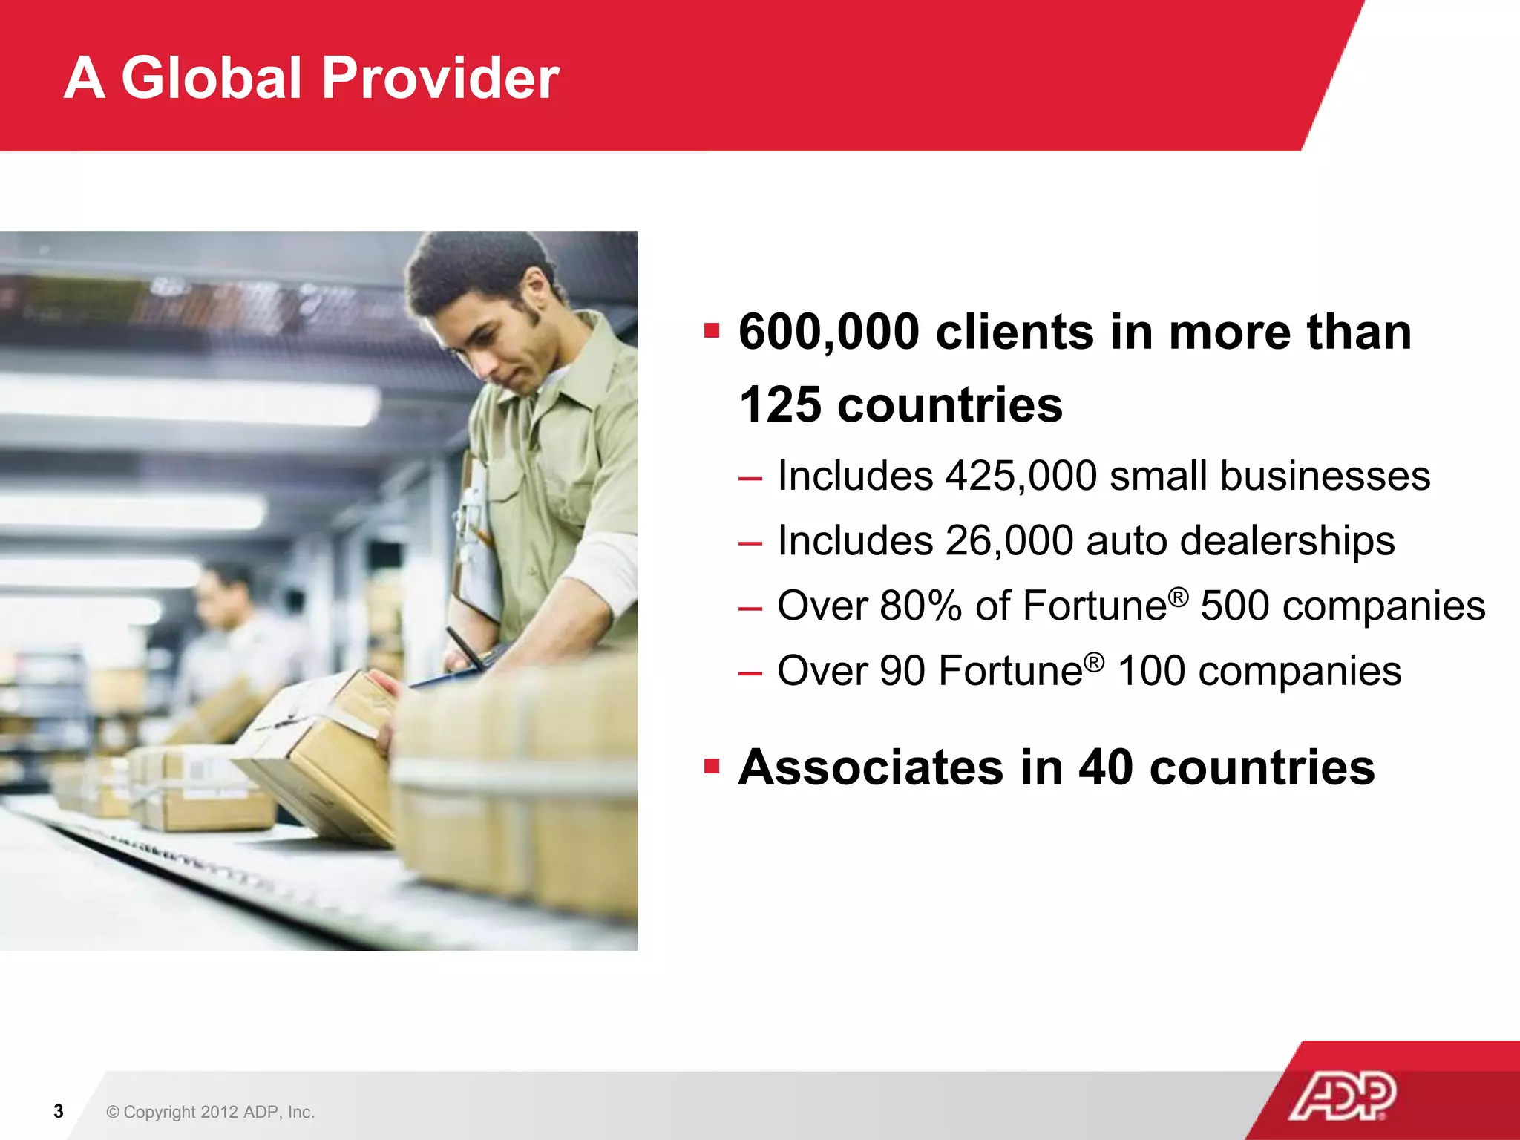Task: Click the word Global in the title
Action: pyautogui.click(x=211, y=78)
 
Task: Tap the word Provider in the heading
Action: pyautogui.click(x=440, y=78)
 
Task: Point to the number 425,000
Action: pyautogui.click(x=1021, y=476)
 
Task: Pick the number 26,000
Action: pyautogui.click(x=1009, y=540)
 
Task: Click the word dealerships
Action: pyautogui.click(x=1287, y=542)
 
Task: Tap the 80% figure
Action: pyautogui.click(x=921, y=606)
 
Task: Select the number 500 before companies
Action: pyautogui.click(x=1234, y=606)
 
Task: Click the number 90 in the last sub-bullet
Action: pyautogui.click(x=902, y=671)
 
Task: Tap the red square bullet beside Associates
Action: pyautogui.click(x=712, y=765)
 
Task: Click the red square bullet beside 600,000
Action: pyautogui.click(x=712, y=330)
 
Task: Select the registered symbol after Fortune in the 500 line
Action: pyautogui.click(x=1179, y=594)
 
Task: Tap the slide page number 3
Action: pyautogui.click(x=59, y=1111)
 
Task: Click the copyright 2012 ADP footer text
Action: pyautogui.click(x=211, y=1112)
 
